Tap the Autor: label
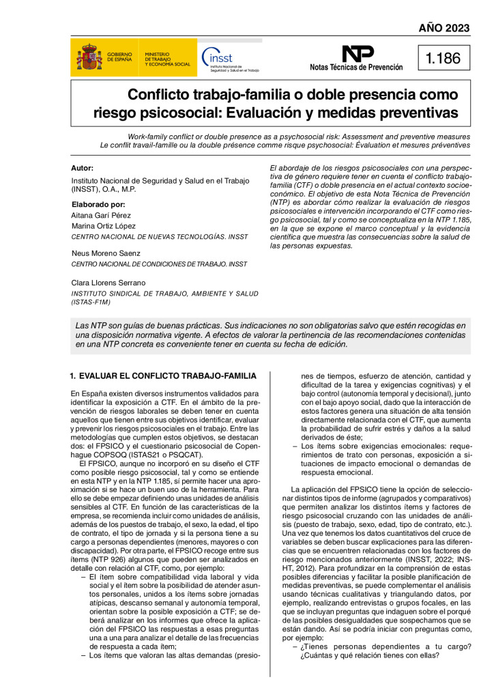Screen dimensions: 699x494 click(83, 168)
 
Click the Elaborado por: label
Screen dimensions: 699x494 click(98, 204)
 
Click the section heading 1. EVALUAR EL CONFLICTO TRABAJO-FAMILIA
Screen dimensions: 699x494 click(164, 375)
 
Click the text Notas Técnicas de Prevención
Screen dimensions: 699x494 click(356, 68)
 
